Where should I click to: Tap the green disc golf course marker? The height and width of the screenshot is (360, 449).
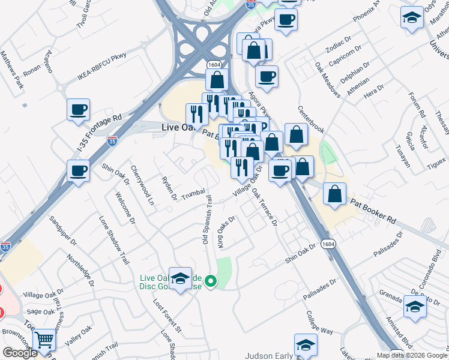click(x=211, y=280)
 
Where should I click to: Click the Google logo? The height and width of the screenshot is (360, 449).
click(x=20, y=353)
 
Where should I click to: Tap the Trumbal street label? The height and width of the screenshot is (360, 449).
click(x=193, y=195)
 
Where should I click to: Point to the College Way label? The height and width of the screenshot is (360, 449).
click(x=319, y=322)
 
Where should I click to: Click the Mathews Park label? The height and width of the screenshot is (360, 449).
click(x=12, y=69)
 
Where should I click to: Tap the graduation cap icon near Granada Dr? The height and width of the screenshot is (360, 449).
click(x=414, y=307)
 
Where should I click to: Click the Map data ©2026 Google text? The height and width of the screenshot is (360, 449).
click(x=412, y=355)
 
